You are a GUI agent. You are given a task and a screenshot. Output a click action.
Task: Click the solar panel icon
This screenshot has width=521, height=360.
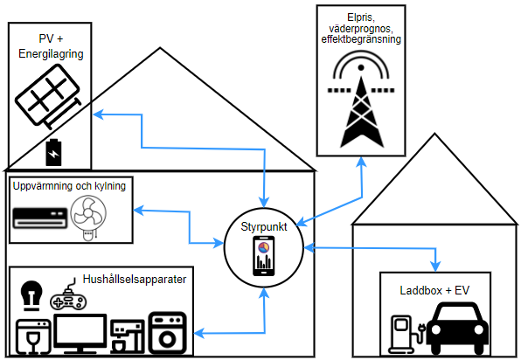[x=48, y=95]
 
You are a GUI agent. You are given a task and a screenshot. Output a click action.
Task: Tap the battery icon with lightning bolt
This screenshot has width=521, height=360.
[x=53, y=152]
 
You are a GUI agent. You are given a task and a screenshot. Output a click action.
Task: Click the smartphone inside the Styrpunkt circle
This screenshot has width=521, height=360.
[x=264, y=256]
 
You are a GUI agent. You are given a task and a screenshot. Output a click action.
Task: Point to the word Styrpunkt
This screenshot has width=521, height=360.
[x=264, y=227]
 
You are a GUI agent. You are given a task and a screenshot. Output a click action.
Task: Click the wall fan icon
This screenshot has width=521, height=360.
[x=88, y=218]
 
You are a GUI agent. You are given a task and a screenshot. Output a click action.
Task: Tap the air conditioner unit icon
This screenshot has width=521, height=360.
[x=40, y=218]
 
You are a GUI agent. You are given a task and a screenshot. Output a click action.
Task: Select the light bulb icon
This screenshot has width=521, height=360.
[x=31, y=296]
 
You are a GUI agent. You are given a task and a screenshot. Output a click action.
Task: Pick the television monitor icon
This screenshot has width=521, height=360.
[x=80, y=334]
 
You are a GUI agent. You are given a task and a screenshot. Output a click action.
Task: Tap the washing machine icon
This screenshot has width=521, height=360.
[x=168, y=333]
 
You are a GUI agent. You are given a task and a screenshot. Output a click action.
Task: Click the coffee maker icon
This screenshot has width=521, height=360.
[x=128, y=336]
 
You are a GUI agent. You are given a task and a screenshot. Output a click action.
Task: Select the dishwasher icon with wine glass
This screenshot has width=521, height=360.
[x=33, y=336]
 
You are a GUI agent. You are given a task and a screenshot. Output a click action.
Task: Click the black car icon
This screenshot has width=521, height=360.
[x=457, y=329]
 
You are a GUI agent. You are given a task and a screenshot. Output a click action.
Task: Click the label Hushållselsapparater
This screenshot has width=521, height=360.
[x=135, y=280]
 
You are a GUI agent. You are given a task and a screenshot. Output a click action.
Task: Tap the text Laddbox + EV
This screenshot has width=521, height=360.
[x=434, y=291]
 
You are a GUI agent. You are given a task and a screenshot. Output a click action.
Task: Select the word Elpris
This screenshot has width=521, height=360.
[x=361, y=17]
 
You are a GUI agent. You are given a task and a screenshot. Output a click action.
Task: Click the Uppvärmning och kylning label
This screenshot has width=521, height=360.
[x=69, y=186]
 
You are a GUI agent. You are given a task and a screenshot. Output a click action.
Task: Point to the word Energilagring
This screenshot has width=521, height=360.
[x=51, y=54]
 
